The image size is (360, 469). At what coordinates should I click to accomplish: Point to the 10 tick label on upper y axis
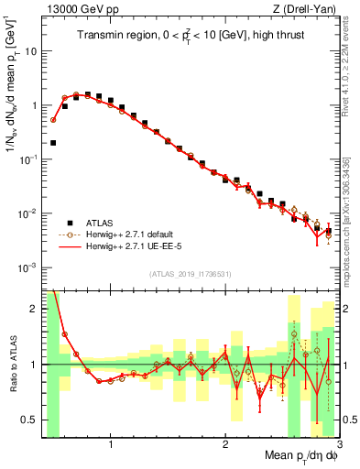pyautogui.click(x=30, y=51)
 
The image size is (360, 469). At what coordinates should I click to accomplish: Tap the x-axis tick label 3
pyautogui.click(x=339, y=445)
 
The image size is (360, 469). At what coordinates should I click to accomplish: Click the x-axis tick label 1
pyautogui.click(x=111, y=445)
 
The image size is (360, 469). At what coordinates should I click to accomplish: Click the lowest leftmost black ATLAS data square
pyautogui.click(x=53, y=143)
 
